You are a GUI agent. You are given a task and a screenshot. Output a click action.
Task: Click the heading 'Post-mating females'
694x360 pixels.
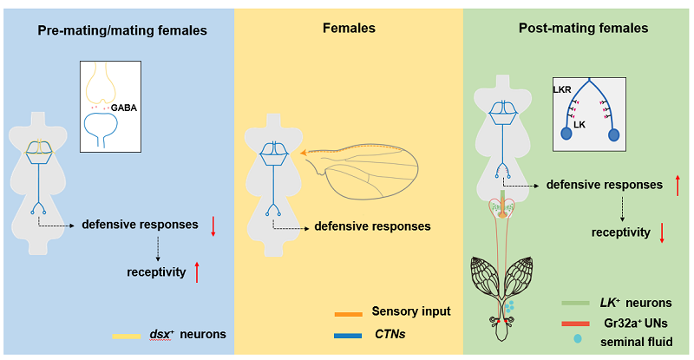pyautogui.click(x=583, y=29)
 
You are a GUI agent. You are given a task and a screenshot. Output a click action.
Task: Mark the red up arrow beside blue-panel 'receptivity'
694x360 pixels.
pyautogui.click(x=198, y=272)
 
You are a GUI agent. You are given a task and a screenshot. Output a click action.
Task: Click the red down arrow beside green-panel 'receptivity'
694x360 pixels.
pyautogui.click(x=662, y=232)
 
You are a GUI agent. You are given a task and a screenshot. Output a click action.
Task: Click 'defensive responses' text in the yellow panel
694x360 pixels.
pyautogui.click(x=372, y=226)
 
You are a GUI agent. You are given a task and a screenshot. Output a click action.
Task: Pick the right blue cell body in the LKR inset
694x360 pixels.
pyautogui.click(x=615, y=134)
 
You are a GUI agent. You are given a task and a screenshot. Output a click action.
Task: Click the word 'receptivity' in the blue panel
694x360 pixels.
pyautogui.click(x=157, y=272)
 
